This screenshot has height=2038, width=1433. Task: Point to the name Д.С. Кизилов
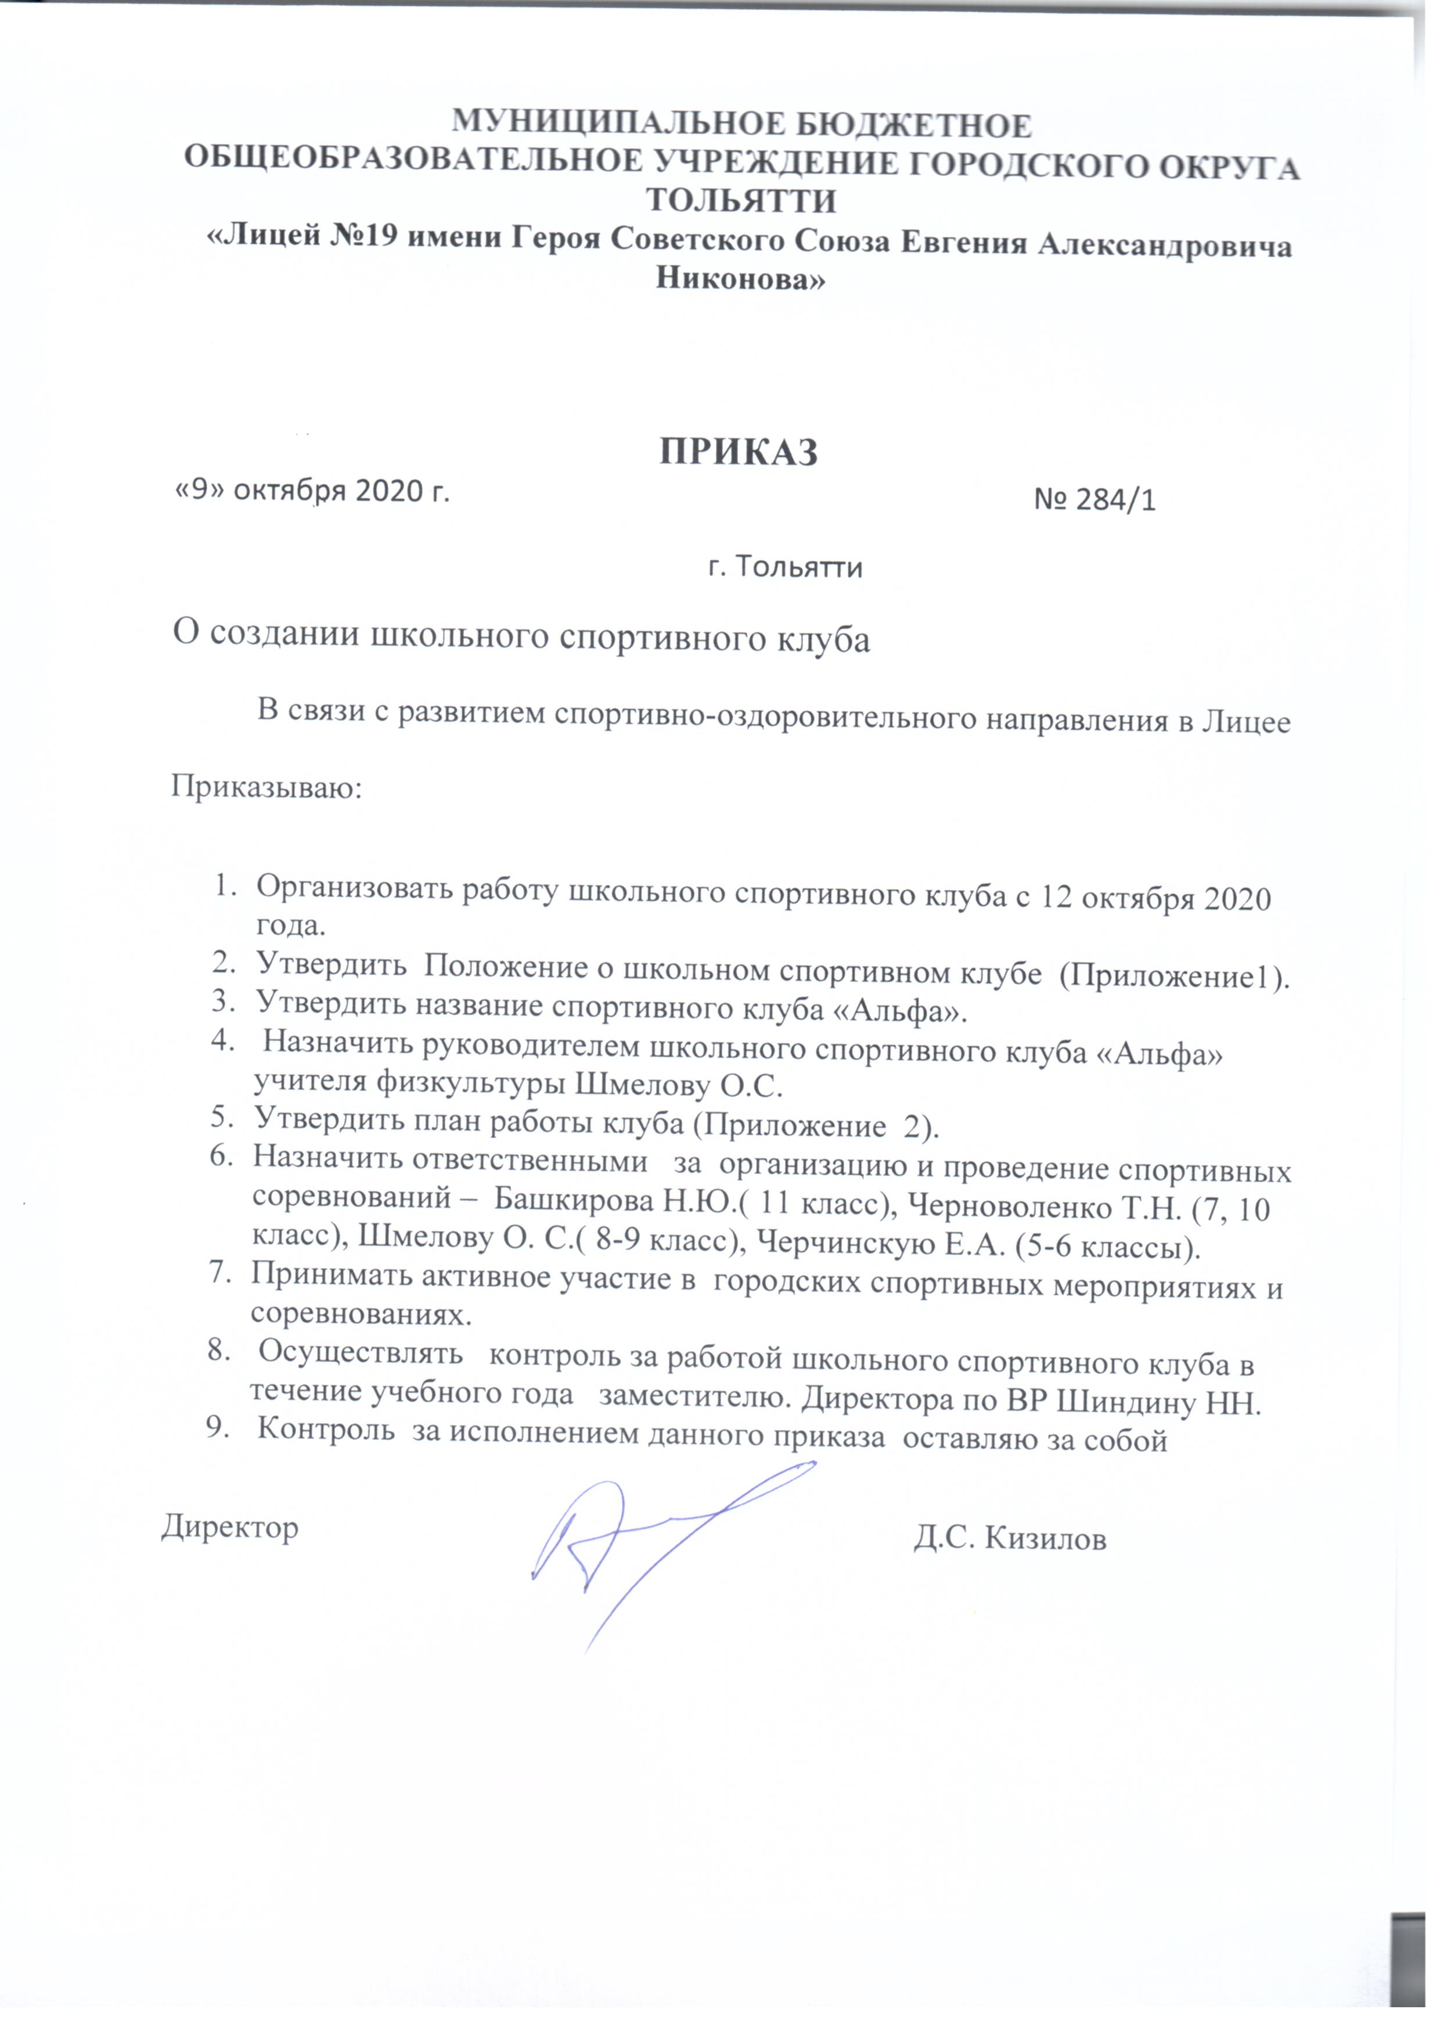pos(1010,1538)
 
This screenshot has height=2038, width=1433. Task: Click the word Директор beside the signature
pos(230,1526)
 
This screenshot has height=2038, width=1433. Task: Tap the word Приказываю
pos(267,786)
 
